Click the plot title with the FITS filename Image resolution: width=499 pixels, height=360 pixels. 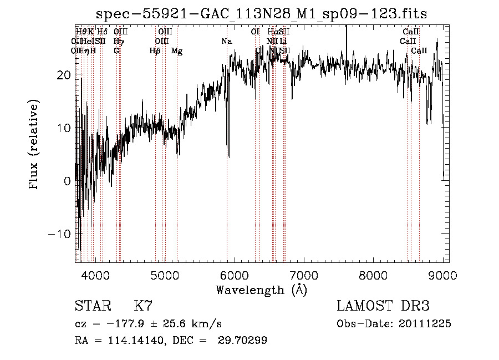click(261, 14)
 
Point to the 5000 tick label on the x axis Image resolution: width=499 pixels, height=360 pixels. click(165, 276)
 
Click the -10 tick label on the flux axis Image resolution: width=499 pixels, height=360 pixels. click(60, 234)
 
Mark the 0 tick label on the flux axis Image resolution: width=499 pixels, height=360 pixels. click(67, 181)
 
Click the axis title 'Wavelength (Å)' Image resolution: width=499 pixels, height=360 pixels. click(261, 290)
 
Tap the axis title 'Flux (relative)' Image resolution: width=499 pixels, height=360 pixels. click(35, 145)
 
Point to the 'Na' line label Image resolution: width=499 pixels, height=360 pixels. click(227, 41)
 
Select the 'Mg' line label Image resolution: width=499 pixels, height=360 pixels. click(177, 51)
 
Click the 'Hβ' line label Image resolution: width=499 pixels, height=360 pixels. click(155, 51)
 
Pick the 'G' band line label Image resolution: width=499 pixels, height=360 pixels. click(116, 51)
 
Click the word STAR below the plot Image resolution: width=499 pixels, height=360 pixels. click(91, 306)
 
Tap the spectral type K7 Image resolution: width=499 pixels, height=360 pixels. click(143, 306)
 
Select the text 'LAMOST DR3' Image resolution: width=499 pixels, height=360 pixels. click(383, 306)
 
